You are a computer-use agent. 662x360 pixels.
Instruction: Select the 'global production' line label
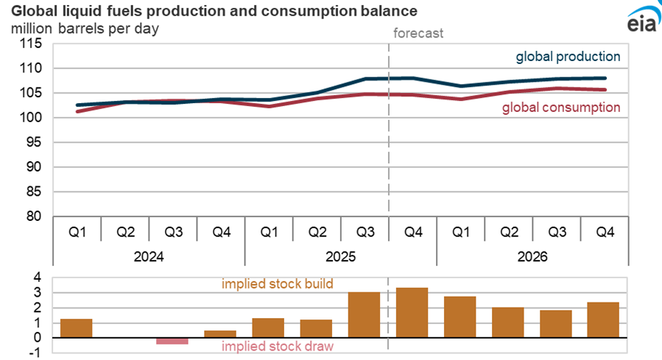point(568,57)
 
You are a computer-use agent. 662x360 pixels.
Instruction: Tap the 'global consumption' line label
point(561,107)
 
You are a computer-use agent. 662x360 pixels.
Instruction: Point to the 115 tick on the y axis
point(32,43)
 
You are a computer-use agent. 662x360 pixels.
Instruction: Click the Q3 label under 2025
point(365,233)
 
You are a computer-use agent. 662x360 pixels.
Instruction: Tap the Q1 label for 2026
point(461,233)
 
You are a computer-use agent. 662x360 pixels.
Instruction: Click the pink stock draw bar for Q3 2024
point(172,341)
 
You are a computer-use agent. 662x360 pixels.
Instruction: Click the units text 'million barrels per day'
point(84,29)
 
